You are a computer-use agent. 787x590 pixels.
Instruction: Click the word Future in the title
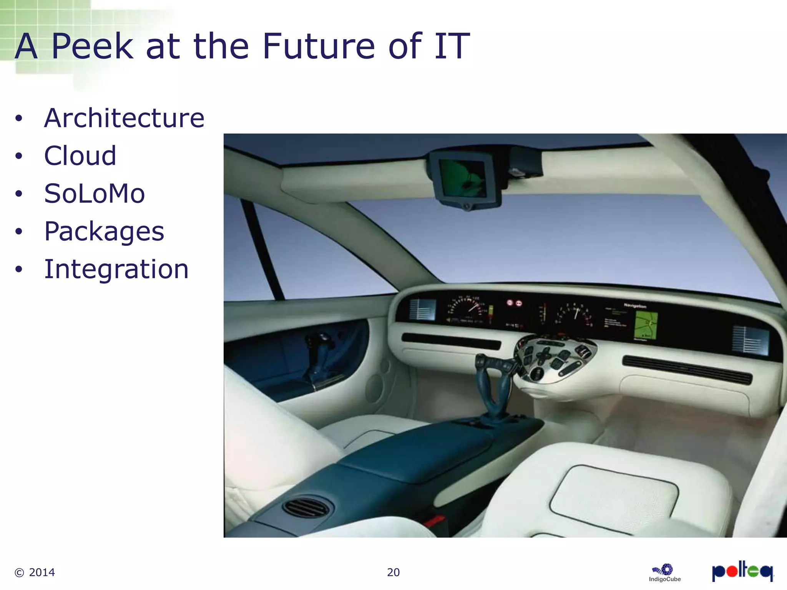(x=319, y=46)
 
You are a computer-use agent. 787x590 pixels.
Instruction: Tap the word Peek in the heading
(x=92, y=46)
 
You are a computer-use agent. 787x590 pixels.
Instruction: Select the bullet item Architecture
(x=124, y=118)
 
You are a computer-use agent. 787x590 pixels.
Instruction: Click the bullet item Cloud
(x=80, y=156)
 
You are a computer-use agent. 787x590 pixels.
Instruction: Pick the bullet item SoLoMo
(x=95, y=194)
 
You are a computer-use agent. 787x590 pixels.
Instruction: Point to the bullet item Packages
(x=104, y=231)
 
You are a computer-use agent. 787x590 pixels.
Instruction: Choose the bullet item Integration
(x=116, y=269)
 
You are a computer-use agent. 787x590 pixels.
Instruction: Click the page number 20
(x=393, y=572)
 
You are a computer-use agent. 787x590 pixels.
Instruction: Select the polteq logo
(x=742, y=571)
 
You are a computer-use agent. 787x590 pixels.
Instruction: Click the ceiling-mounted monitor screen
(x=463, y=177)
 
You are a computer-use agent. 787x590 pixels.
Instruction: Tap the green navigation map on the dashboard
(x=646, y=325)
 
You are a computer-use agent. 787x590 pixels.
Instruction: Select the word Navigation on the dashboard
(x=635, y=306)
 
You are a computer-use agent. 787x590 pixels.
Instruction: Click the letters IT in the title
(x=452, y=46)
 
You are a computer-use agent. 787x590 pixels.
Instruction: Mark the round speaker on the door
(x=375, y=388)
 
